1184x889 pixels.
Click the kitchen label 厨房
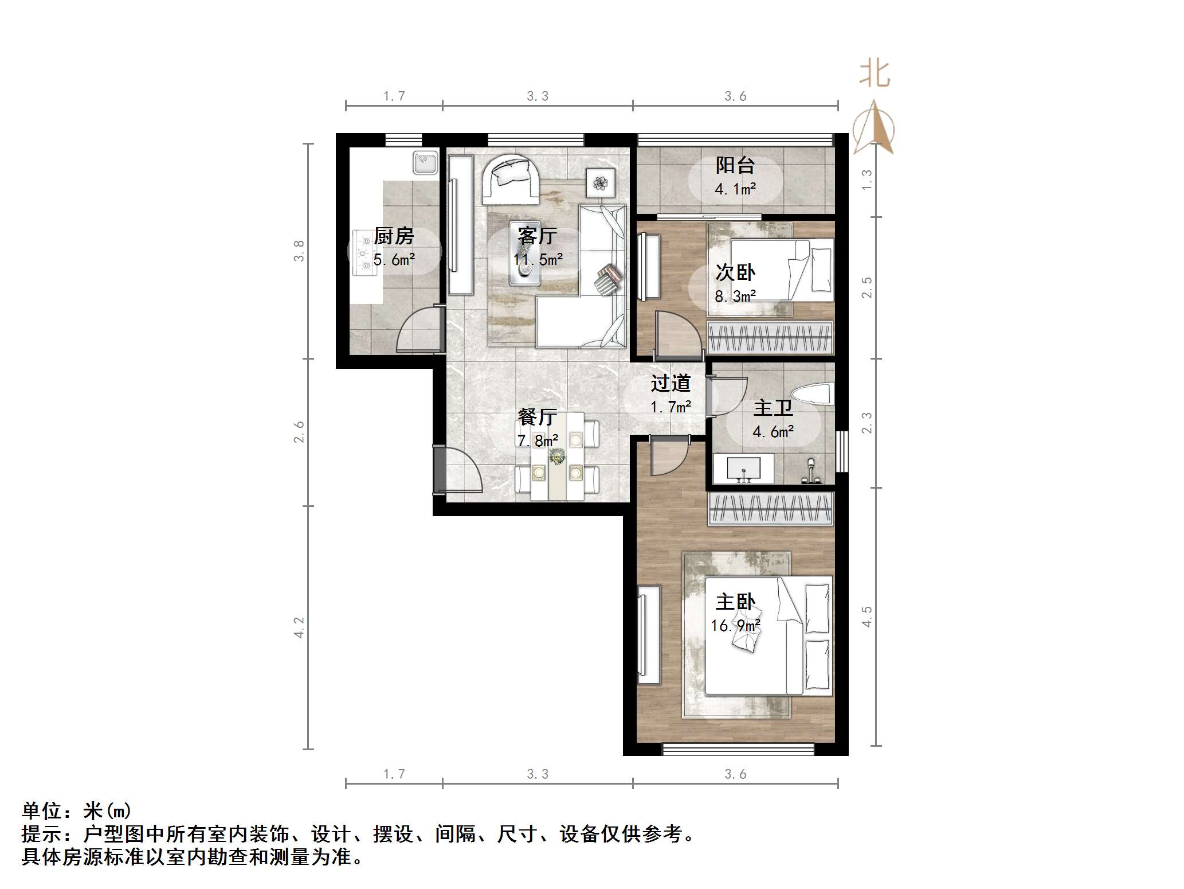[394, 236]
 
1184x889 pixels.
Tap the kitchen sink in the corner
[425, 163]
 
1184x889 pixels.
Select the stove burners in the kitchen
[363, 252]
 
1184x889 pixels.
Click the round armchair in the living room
[510, 179]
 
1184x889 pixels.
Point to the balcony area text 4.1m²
[735, 189]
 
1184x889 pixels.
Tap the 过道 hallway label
[671, 383]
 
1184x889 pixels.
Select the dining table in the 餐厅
[557, 457]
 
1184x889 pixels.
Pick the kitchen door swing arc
[420, 330]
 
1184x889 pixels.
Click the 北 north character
[875, 75]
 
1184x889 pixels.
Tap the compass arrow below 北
[874, 128]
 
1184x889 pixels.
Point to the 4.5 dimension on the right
[867, 617]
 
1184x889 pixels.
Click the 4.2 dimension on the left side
[299, 627]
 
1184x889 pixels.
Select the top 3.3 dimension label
[538, 96]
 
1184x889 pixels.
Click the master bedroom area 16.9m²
[735, 625]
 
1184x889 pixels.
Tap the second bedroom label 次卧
[735, 272]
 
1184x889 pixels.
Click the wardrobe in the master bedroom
[770, 509]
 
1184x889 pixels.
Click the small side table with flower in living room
[600, 182]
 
